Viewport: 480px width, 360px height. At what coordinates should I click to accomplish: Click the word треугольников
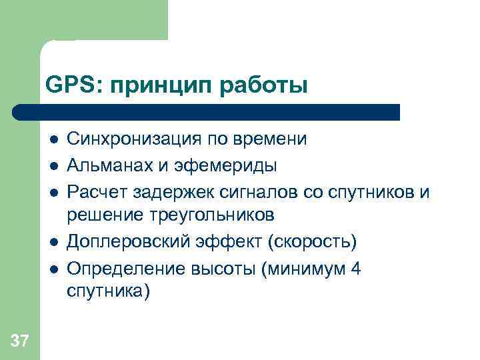click(212, 215)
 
